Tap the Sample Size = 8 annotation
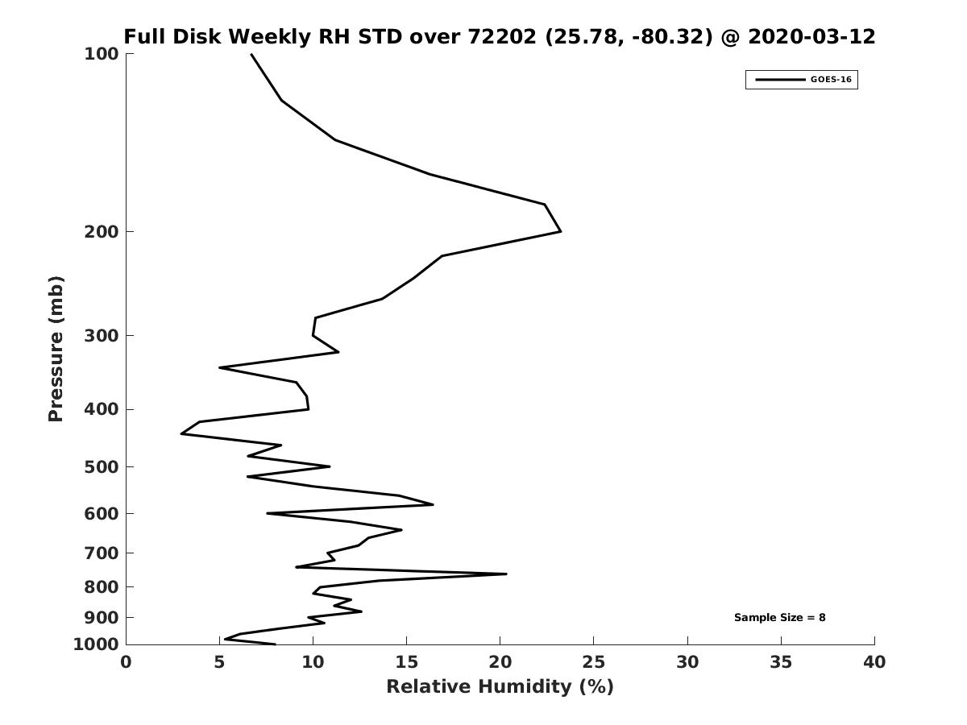point(779,618)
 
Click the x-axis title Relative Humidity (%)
point(500,687)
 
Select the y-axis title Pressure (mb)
point(56,349)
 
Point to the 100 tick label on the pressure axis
point(102,54)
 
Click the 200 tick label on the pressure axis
point(102,232)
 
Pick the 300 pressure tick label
point(102,336)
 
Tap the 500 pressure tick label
point(102,467)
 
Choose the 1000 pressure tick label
point(96,644)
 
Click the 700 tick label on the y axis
point(102,553)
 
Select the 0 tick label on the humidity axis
point(126,663)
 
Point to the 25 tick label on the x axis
point(594,663)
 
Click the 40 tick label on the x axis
point(874,663)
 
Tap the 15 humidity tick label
point(406,663)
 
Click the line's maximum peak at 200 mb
point(560,232)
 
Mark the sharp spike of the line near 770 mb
point(506,574)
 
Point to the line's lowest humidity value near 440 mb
point(181,434)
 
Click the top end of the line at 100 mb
point(251,55)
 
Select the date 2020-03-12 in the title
point(811,37)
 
